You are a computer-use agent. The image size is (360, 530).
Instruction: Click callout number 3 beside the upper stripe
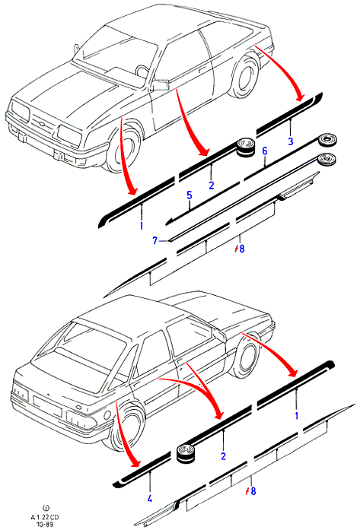(x=290, y=141)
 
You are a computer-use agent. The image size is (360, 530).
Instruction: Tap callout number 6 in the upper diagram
(x=265, y=151)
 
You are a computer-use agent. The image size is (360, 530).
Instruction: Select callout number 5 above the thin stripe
(x=190, y=195)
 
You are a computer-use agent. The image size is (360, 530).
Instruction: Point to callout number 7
(x=155, y=240)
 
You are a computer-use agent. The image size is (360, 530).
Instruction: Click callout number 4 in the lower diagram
(x=149, y=498)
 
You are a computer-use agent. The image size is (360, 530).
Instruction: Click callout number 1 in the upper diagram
(x=142, y=226)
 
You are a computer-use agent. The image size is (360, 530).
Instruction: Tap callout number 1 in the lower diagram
(x=297, y=415)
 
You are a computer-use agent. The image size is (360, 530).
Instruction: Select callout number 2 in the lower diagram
(x=223, y=456)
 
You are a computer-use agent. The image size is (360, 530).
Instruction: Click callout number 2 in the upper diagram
(x=212, y=186)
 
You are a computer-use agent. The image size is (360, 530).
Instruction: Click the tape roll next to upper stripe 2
(x=246, y=147)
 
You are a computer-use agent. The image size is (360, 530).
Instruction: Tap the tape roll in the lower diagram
(x=186, y=454)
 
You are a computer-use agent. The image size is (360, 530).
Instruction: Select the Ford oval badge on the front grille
(x=39, y=124)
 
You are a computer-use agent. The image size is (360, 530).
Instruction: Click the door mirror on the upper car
(x=160, y=85)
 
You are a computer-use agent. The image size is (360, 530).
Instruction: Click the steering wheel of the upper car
(x=142, y=71)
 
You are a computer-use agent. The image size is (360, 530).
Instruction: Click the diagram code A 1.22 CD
(x=46, y=518)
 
